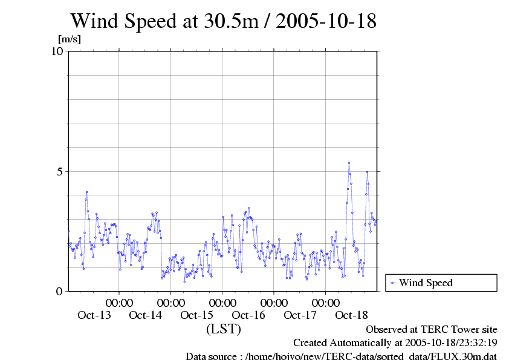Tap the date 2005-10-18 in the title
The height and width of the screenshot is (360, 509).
pyautogui.click(x=326, y=21)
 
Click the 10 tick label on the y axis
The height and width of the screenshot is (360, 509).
pyautogui.click(x=57, y=51)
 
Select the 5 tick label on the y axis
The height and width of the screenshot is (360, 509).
pyautogui.click(x=60, y=171)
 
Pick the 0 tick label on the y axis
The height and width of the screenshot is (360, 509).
pyautogui.click(x=60, y=291)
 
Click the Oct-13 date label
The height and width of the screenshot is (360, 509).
pyautogui.click(x=94, y=315)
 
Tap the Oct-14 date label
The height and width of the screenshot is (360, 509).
pyautogui.click(x=146, y=315)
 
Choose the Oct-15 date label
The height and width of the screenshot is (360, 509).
pyautogui.click(x=197, y=315)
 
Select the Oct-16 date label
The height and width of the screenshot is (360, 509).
pyautogui.click(x=248, y=315)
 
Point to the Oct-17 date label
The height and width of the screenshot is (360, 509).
pyautogui.click(x=300, y=315)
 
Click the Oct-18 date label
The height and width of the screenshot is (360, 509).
pyautogui.click(x=351, y=315)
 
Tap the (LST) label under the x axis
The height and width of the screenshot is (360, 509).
pyautogui.click(x=224, y=330)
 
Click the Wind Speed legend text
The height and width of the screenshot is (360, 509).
pyautogui.click(x=426, y=283)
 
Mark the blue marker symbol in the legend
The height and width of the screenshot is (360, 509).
pyautogui.click(x=392, y=283)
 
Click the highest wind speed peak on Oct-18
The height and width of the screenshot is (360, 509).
pyautogui.click(x=349, y=163)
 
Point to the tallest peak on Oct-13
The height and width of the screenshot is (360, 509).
pyautogui.click(x=86, y=192)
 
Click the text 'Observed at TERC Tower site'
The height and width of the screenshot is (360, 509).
pyautogui.click(x=432, y=330)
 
